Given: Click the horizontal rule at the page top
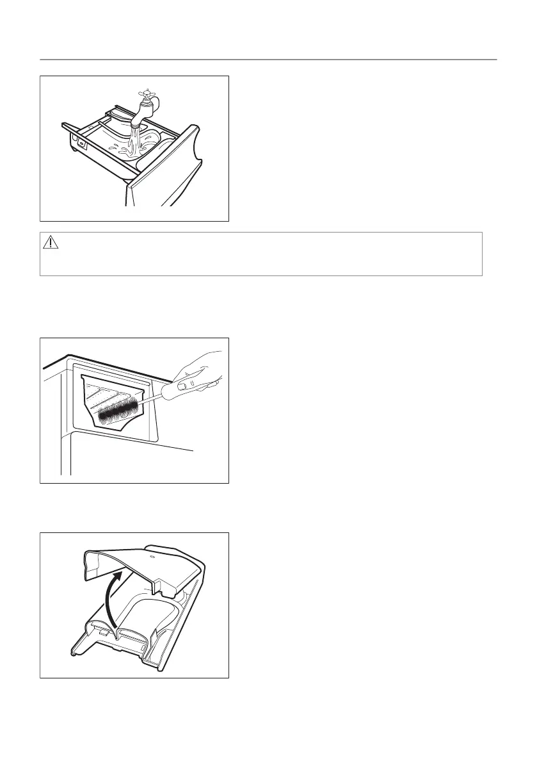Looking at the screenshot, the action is pyautogui.click(x=268, y=60).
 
